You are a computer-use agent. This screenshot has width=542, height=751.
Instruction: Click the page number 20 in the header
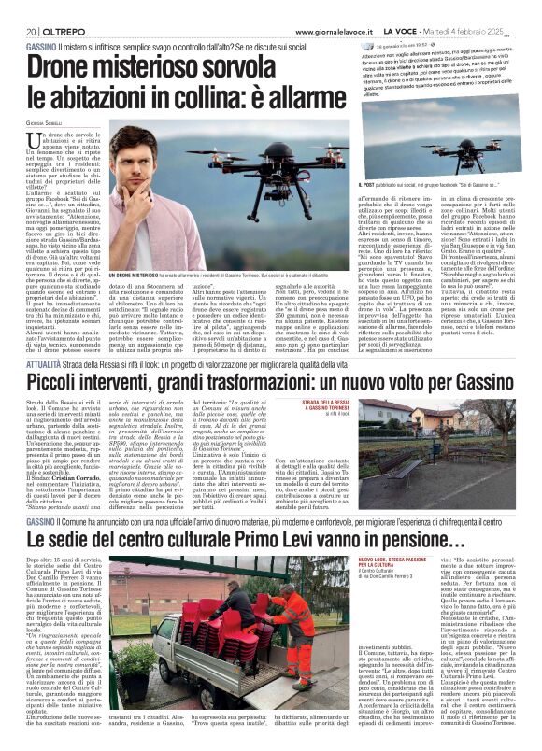[x=19, y=31]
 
